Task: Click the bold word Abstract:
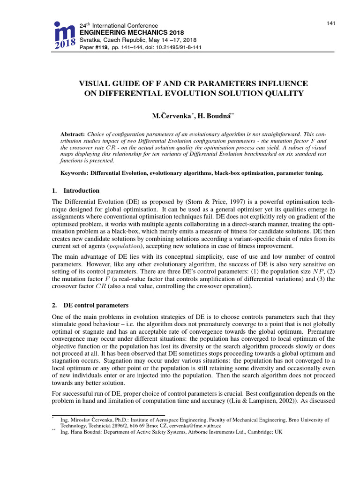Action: [x=74, y=133]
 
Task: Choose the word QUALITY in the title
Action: [x=285, y=93]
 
